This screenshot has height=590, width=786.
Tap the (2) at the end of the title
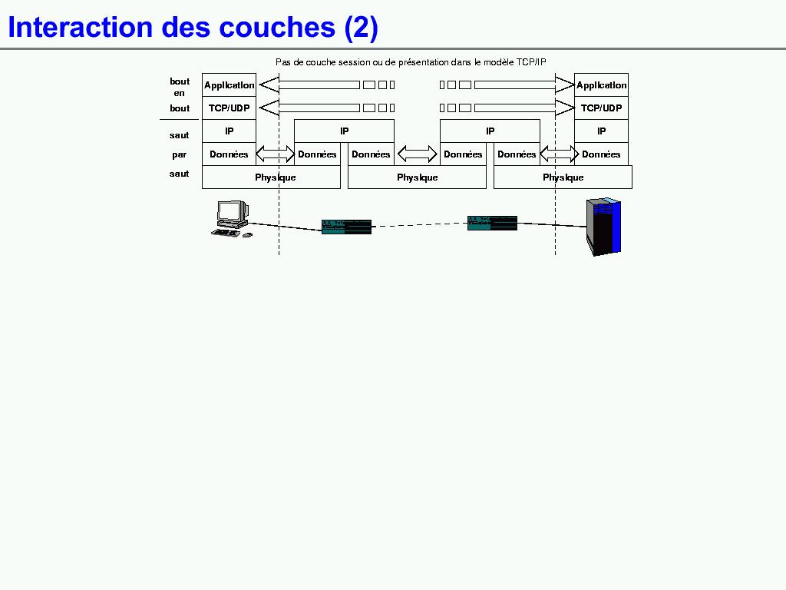361,28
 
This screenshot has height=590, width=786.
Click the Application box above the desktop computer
229,85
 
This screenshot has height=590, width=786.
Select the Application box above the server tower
601,85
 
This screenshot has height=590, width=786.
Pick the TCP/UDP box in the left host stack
229,108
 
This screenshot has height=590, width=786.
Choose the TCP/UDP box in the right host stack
601,108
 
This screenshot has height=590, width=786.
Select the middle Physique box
417,177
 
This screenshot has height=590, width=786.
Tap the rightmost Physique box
563,177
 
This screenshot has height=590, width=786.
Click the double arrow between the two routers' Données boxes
417,154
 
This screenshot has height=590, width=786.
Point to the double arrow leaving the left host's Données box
275,154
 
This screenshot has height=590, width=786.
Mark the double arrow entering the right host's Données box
559,154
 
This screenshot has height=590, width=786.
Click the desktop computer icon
231,218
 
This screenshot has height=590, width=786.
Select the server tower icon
603,226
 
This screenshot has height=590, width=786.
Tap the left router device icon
346,227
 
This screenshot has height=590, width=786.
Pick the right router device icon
492,223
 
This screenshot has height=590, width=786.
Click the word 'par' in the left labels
180,154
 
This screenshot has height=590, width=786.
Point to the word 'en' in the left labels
180,93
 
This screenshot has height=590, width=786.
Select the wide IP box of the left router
344,131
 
